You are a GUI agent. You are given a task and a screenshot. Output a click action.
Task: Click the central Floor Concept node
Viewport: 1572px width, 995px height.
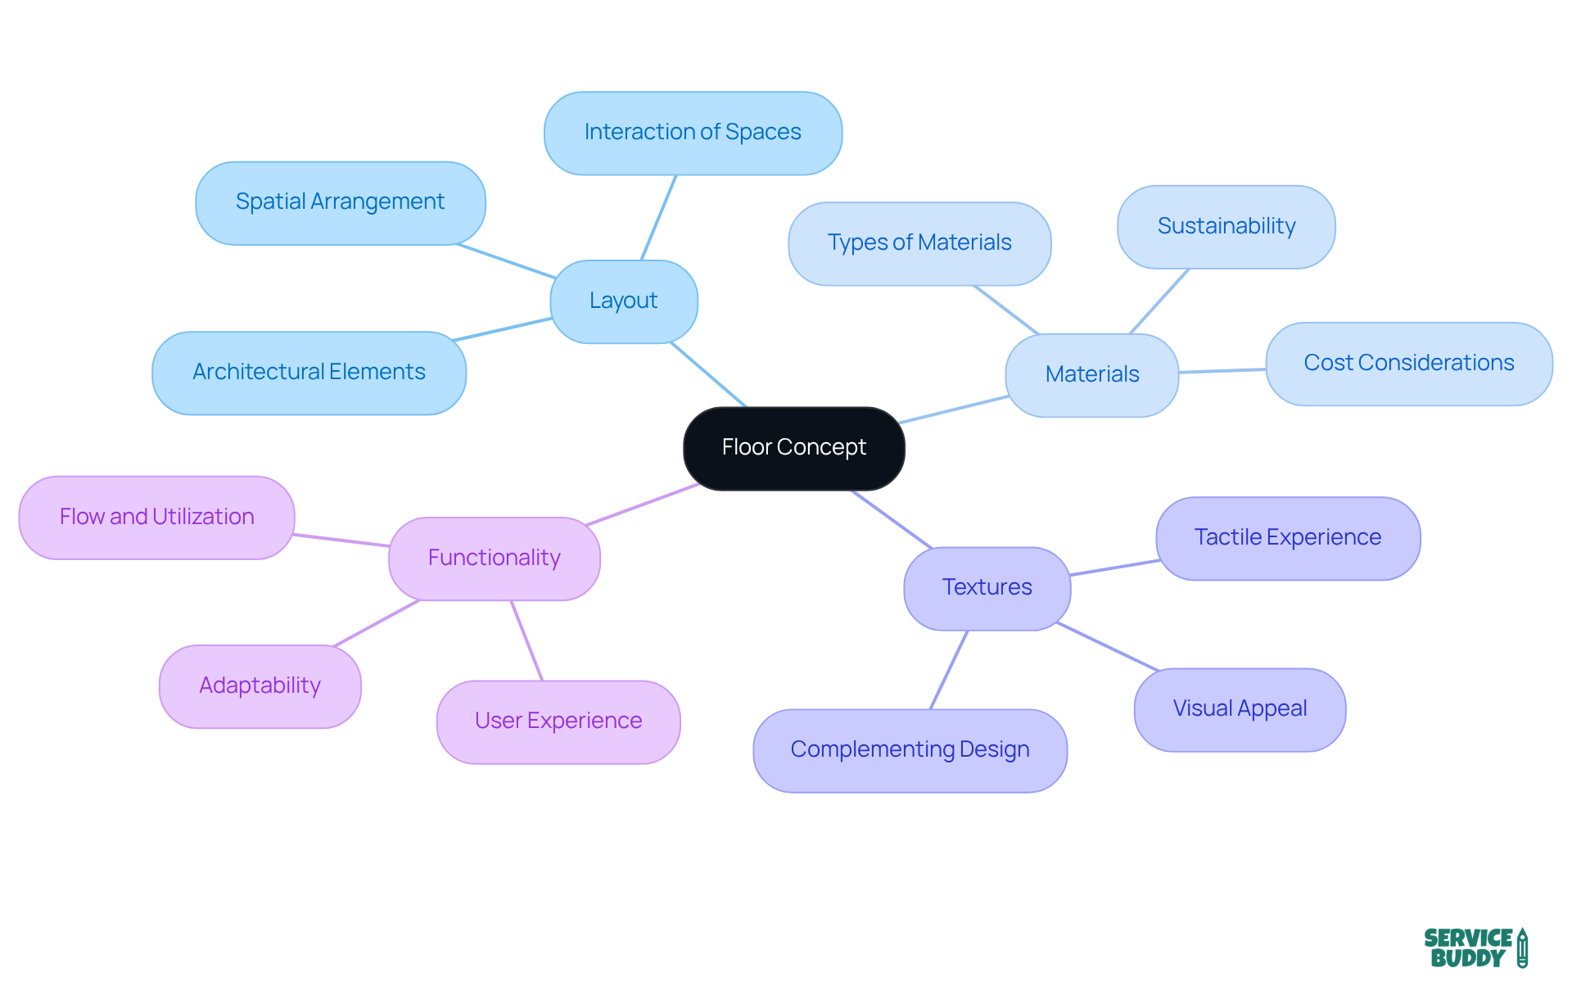793,448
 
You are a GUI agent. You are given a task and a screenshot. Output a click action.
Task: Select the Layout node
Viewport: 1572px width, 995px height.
623,301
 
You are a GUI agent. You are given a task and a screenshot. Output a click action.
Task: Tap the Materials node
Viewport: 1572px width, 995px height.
1091,375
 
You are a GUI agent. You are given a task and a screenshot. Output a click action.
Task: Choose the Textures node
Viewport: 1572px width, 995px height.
987,588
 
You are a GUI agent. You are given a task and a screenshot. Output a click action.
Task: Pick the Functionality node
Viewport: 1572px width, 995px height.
494,559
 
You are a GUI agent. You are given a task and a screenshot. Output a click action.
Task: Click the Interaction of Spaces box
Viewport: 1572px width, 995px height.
693,133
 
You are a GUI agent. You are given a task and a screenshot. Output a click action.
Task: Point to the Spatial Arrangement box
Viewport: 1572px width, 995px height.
340,202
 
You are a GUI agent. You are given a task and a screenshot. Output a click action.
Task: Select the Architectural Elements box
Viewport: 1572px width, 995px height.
309,373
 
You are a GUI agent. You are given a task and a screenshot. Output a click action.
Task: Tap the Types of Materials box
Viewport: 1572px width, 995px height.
919,243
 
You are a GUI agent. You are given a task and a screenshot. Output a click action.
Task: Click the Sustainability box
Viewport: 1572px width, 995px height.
1226,227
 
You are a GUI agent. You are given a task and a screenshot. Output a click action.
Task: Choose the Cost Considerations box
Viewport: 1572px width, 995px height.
1408,364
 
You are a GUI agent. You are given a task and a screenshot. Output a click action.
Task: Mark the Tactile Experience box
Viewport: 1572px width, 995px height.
1287,538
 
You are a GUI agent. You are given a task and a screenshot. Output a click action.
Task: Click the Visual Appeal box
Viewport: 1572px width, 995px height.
1239,709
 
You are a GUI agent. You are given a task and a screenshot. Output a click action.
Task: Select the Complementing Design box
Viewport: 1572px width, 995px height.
910,750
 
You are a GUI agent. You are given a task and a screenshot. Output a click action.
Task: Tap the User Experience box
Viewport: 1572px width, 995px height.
558,721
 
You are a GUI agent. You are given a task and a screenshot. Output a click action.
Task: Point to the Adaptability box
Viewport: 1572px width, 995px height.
260,686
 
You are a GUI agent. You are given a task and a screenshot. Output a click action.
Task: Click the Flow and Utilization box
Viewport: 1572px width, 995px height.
156,518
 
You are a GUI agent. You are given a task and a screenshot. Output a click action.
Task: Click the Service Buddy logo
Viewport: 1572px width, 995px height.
1475,948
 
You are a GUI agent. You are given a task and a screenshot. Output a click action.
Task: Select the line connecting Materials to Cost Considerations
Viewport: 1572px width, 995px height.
1222,371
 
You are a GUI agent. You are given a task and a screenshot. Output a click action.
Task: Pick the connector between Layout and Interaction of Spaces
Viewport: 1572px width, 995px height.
658,218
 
